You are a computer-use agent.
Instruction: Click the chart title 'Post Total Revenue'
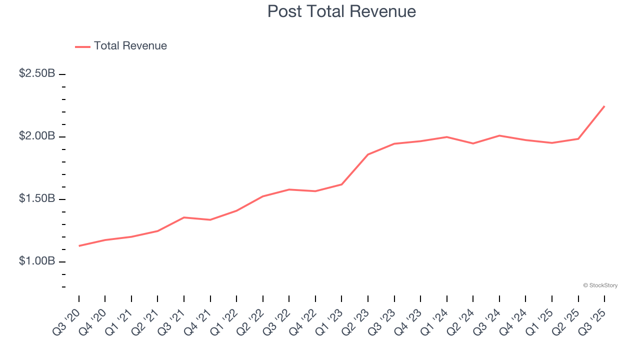pos(341,11)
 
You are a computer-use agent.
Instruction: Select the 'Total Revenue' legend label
pos(130,46)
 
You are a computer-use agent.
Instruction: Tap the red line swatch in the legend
pos(82,46)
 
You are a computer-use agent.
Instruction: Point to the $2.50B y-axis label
pos(37,73)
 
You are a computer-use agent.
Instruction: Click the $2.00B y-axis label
pos(37,136)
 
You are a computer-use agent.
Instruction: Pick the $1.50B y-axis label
pos(37,198)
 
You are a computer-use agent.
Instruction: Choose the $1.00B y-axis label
pos(37,261)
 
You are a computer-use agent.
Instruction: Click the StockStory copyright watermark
pos(600,285)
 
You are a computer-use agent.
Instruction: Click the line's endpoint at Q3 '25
pos(604,106)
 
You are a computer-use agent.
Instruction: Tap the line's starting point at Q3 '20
pos(79,246)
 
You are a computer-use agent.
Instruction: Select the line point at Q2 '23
pos(368,154)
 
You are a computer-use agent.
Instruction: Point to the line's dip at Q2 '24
pos(473,143)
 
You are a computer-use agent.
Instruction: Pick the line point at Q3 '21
pos(184,217)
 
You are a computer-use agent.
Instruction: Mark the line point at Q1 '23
pos(341,184)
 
